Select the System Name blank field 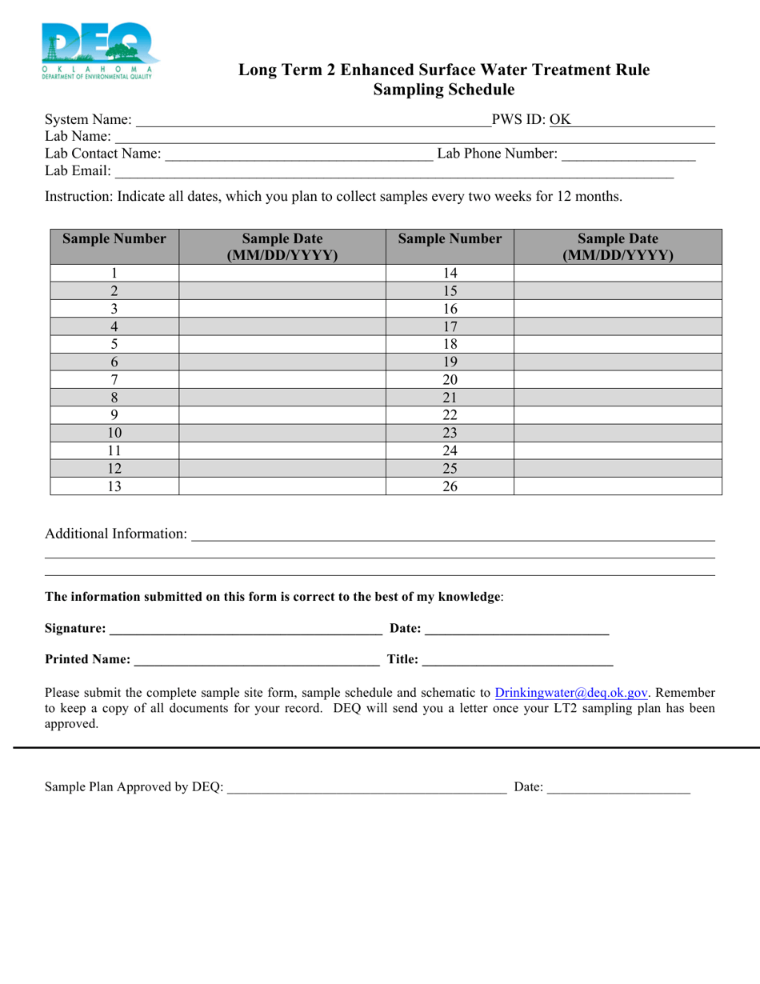pos(312,121)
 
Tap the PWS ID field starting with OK pos(632,121)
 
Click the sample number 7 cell pos(114,380)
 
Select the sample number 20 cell pos(450,380)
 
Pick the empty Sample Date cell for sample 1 pos(282,274)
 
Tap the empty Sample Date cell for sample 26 pos(617,486)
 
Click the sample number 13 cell pos(114,486)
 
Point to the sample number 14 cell pos(450,274)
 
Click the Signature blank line pos(245,629)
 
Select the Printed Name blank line pos(256,660)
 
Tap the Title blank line pos(517,660)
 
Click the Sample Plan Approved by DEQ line pos(366,788)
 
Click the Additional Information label pos(116,534)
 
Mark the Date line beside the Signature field pos(517,629)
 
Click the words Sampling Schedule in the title pos(444,90)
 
